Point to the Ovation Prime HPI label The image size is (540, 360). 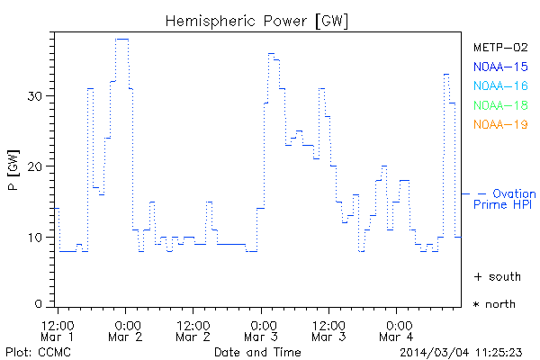504,199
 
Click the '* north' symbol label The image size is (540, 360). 494,304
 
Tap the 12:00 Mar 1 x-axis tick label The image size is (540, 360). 58,329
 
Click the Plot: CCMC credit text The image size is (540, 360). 34,352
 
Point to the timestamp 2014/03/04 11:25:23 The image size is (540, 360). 467,352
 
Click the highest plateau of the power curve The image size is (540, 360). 122,39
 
